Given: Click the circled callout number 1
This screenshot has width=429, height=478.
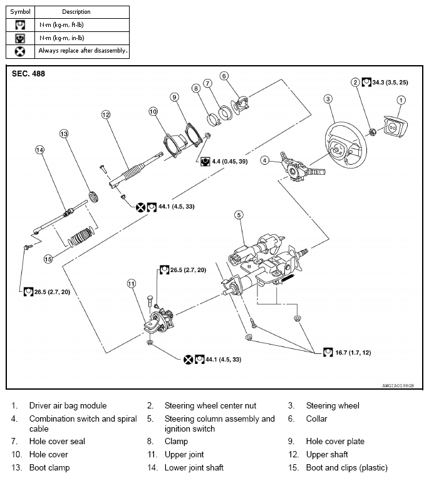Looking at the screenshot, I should tap(401, 99).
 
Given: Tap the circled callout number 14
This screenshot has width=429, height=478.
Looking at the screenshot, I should tap(40, 150).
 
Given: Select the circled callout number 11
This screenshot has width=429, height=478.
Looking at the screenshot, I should tap(132, 284).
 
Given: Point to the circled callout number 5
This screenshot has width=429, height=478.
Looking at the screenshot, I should tap(239, 215).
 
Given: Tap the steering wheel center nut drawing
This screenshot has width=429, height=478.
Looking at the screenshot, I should tap(371, 132).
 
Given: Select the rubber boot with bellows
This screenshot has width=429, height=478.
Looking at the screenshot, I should tap(81, 239).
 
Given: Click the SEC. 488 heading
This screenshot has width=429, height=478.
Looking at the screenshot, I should tap(29, 73).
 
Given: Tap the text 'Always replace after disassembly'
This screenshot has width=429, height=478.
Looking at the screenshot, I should tap(83, 50).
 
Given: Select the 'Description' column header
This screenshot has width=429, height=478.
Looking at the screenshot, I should tap(76, 11).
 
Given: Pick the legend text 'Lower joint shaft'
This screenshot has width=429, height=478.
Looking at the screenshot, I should tap(194, 467).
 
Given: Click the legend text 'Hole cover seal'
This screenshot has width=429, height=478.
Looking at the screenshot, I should tap(57, 441).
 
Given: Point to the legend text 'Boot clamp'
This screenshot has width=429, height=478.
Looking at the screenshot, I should tap(49, 467).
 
